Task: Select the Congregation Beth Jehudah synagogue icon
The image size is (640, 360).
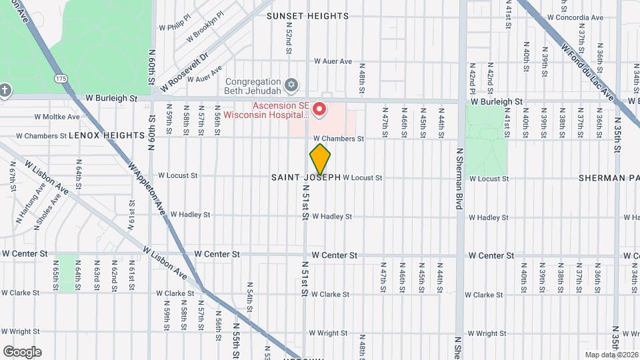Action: [x=290, y=85]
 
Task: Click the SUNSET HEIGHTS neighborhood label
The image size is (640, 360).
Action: [x=307, y=15]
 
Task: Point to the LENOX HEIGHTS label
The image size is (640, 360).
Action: [x=107, y=135]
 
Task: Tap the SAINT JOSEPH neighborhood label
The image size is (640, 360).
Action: [x=306, y=177]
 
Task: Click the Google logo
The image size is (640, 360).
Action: [x=22, y=351]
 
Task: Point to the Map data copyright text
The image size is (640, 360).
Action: [x=611, y=355]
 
